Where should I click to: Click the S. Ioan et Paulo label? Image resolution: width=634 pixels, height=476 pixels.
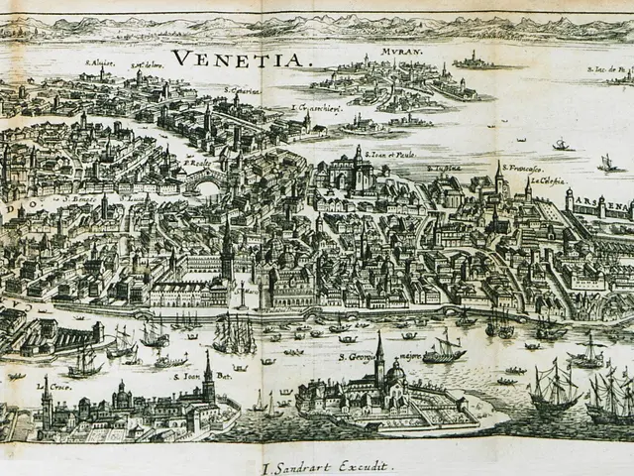[x=390, y=155]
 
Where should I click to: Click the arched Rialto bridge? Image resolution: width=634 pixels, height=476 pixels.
[x=205, y=181]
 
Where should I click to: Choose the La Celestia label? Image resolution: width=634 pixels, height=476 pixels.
[x=548, y=181]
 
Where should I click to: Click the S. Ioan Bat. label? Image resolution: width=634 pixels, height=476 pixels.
[x=187, y=377]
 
